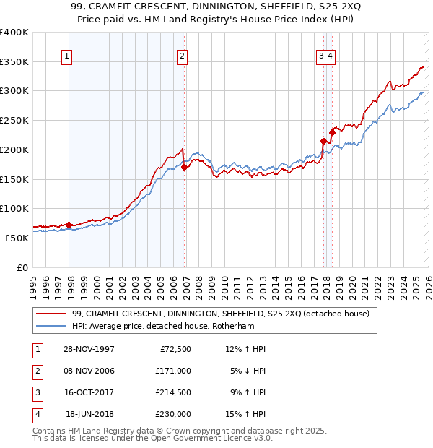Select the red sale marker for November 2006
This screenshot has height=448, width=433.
tap(184, 167)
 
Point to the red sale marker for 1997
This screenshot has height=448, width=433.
tap(69, 225)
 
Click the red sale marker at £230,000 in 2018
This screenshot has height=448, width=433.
tap(332, 132)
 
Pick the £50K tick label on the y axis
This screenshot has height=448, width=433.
tap(17, 238)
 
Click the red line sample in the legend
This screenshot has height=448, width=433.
tap(51, 314)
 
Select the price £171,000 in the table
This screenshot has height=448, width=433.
tap(173, 371)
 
